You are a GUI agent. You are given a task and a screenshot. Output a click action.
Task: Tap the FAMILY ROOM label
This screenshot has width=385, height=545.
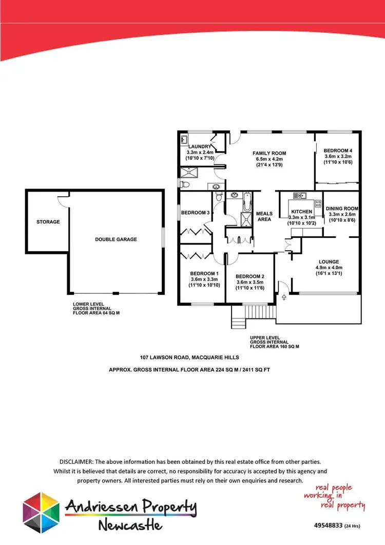[x=268, y=153]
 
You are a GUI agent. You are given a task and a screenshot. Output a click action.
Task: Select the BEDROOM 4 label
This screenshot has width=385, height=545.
[x=338, y=149]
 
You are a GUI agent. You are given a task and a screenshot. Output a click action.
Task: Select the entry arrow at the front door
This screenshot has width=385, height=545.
[x=283, y=297]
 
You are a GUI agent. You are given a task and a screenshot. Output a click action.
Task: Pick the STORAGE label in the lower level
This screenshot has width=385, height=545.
[x=48, y=222]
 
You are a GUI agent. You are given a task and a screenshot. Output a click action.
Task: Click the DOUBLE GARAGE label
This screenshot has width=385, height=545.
[x=115, y=239]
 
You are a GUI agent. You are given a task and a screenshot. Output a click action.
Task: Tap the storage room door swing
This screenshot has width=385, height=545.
[x=63, y=198]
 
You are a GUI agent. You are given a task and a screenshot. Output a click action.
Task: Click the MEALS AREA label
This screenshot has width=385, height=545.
[x=264, y=216]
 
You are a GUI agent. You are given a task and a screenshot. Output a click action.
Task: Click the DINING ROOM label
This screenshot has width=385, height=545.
[x=342, y=209]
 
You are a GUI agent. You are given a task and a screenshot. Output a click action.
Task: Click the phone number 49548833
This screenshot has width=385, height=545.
[x=328, y=526]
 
